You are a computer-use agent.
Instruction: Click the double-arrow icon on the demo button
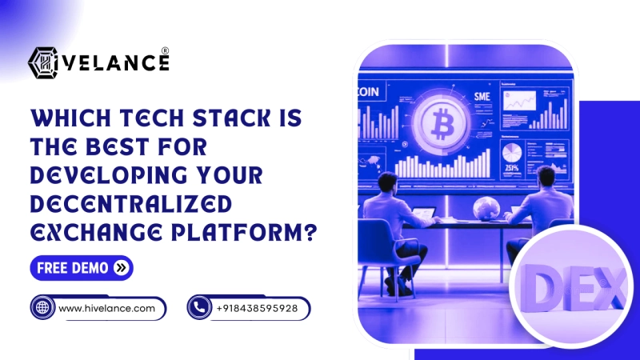[121, 268]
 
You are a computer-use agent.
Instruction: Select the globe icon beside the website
[42, 308]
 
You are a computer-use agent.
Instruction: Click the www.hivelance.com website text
[106, 308]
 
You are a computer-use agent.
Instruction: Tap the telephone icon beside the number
[199, 308]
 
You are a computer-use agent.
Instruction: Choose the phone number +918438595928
[257, 308]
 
